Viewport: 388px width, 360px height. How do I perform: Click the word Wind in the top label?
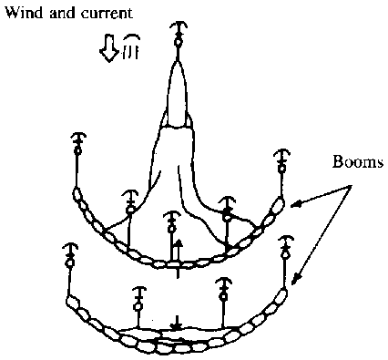pyautogui.click(x=25, y=13)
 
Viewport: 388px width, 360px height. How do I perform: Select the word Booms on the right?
pyautogui.click(x=357, y=161)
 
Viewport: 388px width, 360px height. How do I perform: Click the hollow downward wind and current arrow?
pyautogui.click(x=108, y=48)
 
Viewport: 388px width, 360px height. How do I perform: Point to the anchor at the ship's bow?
pyautogui.click(x=179, y=34)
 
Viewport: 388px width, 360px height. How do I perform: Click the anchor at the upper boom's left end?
pyautogui.click(x=77, y=143)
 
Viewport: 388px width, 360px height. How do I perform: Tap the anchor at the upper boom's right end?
pyautogui.click(x=282, y=161)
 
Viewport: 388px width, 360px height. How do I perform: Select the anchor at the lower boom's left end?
pyautogui.click(x=70, y=255)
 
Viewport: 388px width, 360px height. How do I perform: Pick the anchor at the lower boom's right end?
pyautogui.click(x=284, y=247)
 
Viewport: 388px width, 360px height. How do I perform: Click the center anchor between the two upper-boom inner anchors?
pyautogui.click(x=172, y=221)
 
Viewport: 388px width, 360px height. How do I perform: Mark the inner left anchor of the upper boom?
pyautogui.click(x=130, y=202)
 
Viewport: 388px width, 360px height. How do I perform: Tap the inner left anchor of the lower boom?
pyautogui.click(x=139, y=298)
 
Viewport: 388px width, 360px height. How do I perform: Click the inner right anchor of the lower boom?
pyautogui.click(x=224, y=289)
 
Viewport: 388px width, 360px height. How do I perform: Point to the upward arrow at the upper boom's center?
pyautogui.click(x=178, y=253)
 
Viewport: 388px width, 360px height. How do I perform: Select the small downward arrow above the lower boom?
pyautogui.click(x=177, y=323)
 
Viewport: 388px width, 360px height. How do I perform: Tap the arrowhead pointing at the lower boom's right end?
pyautogui.click(x=296, y=279)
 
